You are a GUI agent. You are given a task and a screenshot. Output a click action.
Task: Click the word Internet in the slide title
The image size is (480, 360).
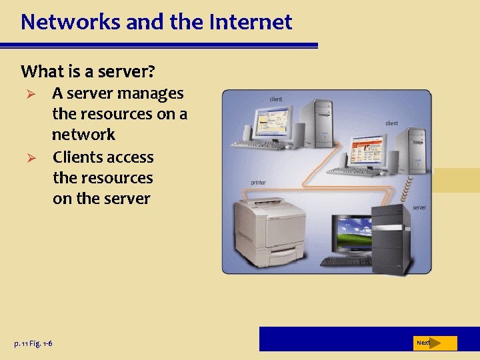point(251,22)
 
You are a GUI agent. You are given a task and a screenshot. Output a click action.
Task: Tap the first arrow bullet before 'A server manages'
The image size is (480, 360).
point(28,94)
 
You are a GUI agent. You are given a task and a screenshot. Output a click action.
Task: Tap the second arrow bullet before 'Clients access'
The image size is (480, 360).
point(28,158)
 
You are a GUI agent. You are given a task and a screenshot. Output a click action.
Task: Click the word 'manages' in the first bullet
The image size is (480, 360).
point(151,93)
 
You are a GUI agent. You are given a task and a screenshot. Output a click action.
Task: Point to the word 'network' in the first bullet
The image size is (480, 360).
point(83,135)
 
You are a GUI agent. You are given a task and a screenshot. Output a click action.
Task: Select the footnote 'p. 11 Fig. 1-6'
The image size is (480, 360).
point(33,343)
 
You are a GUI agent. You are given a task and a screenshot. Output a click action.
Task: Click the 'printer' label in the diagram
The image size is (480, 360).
point(259,182)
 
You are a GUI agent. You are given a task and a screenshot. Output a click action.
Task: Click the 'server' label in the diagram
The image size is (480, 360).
point(419,207)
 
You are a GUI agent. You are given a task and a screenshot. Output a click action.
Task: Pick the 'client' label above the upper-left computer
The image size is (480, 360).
point(276,99)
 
